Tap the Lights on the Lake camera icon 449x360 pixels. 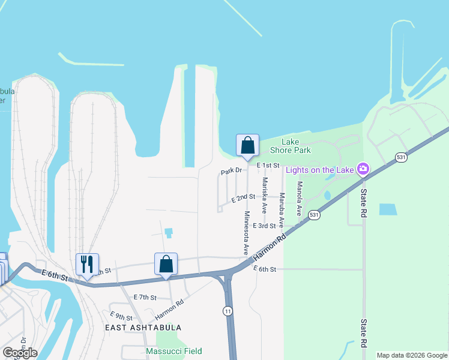coord(363,169)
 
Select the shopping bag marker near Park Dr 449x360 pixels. coord(247,145)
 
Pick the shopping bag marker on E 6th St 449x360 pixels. coord(166,264)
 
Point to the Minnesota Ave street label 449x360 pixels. coord(246,233)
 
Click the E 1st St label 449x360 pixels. coord(268,165)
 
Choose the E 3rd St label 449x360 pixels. coord(264,226)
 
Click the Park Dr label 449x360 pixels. coord(231,171)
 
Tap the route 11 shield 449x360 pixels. coord(227,310)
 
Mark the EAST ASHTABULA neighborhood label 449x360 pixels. coord(143,328)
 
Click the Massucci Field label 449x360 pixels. coord(174,351)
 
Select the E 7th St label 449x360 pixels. coord(145,298)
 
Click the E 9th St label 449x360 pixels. coord(121,316)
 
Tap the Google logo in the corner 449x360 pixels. coord(20,353)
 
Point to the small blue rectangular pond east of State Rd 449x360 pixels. coord(388,209)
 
